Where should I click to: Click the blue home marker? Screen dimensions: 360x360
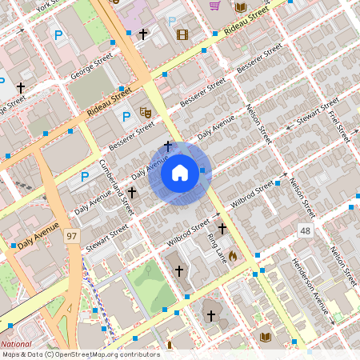point(180,173)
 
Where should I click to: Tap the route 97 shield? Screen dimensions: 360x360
point(73,236)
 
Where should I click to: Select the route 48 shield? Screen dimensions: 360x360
point(305,230)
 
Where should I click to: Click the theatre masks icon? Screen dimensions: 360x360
point(146,113)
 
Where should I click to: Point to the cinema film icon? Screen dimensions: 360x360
point(182,34)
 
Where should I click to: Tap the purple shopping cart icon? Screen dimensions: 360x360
point(214,6)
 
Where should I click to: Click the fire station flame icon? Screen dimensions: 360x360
point(232,255)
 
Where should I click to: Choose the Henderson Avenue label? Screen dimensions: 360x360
point(310,285)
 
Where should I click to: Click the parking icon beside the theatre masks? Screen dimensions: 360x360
point(126,118)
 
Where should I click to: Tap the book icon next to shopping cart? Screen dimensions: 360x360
point(240,6)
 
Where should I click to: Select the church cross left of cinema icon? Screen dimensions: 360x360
point(143,34)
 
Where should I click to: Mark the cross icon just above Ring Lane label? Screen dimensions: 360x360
point(222,229)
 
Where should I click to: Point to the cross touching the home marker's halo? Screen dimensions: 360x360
point(168,146)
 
